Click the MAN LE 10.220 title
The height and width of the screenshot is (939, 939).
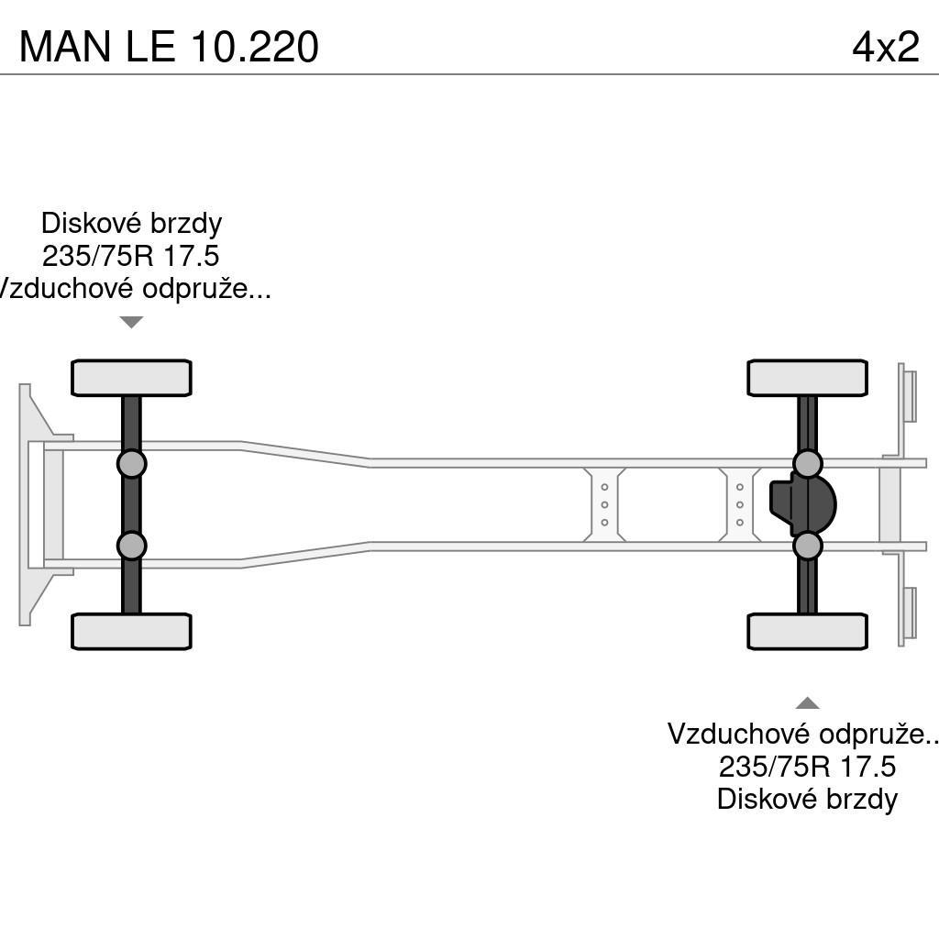pos(169,46)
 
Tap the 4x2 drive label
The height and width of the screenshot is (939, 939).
pos(885,46)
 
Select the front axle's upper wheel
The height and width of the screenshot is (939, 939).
pos(131,378)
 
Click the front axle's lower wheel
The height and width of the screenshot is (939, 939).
pos(131,631)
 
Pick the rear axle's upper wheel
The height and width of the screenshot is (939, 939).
pos(807,378)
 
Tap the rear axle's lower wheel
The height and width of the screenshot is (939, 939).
pos(807,631)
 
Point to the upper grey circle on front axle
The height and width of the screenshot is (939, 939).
pos(131,464)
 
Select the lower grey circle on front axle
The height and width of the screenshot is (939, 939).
pos(131,546)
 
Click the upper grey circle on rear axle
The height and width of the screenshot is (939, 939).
pos(807,464)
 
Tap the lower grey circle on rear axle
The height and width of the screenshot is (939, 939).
pos(807,546)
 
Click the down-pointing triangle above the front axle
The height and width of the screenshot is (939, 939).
pos(131,322)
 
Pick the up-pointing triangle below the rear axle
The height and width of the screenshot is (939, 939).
pos(807,703)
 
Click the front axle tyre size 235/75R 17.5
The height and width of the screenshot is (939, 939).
pos(131,256)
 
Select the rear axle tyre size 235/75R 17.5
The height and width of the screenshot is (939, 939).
pos(807,766)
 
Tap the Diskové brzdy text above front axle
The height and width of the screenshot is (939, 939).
pos(131,223)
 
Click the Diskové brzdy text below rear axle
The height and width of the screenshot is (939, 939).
pos(807,799)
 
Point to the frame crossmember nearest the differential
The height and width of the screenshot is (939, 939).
pos(739,504)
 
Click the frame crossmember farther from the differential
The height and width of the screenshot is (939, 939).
pos(604,504)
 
